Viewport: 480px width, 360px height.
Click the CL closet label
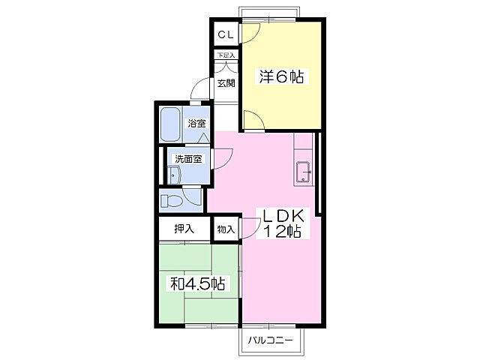click(226, 34)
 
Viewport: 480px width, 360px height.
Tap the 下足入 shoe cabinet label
click(226, 55)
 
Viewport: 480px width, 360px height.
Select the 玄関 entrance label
click(226, 83)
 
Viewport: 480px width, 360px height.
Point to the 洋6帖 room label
click(282, 76)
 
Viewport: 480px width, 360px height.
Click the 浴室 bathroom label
click(196, 123)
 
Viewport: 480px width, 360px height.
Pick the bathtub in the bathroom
click(170, 124)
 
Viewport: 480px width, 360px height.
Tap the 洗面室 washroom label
click(188, 159)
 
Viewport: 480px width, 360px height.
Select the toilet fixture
click(172, 201)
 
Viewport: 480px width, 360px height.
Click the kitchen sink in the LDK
click(304, 172)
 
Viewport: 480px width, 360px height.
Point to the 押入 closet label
click(184, 228)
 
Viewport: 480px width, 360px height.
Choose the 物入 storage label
click(226, 229)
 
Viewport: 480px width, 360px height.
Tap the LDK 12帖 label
click(283, 223)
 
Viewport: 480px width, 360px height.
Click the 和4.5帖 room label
click(198, 283)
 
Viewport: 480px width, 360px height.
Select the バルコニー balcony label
click(271, 340)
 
